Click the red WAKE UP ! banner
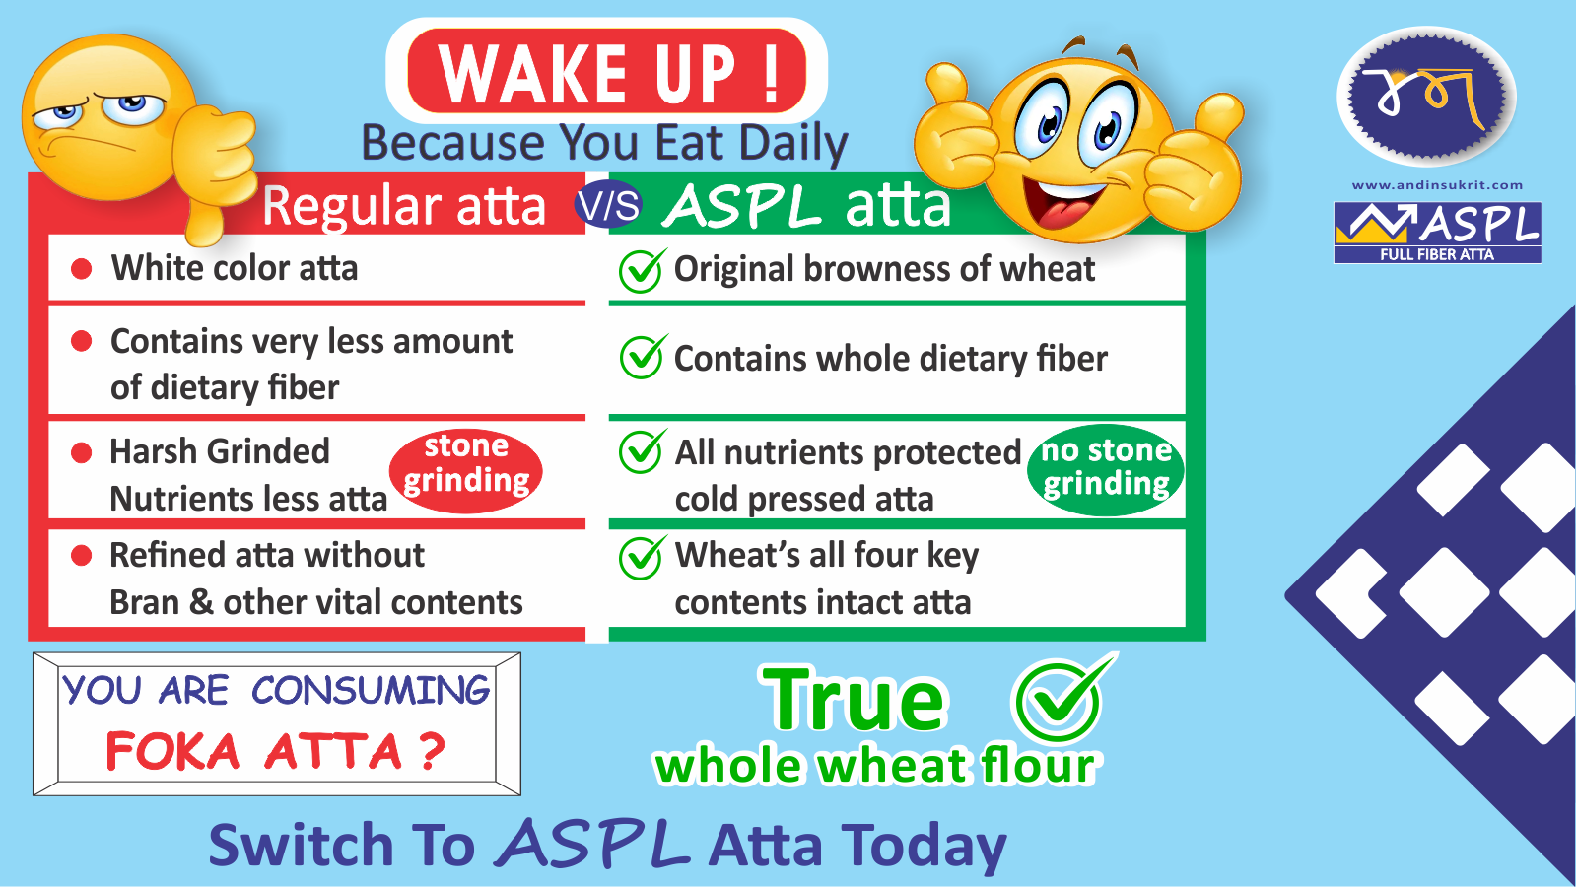(606, 71)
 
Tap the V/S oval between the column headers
(608, 204)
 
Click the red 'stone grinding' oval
(466, 470)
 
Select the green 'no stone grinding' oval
(1105, 470)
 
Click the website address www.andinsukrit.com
(1437, 185)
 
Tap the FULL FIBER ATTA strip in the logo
(1437, 254)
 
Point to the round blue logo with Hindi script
(1425, 97)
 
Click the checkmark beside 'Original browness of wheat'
(641, 270)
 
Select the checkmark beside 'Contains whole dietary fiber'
(642, 356)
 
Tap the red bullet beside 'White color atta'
(82, 269)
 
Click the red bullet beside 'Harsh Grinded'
(82, 452)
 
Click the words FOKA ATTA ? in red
(275, 751)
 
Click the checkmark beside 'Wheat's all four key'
(642, 557)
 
